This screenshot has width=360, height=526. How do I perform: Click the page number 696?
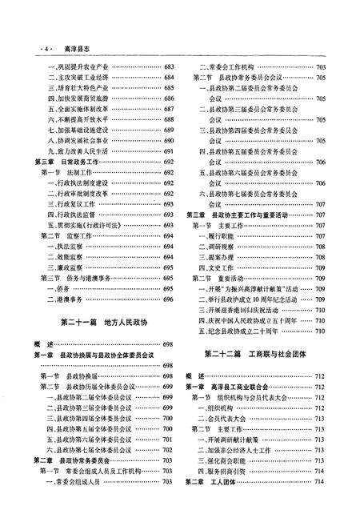click(169, 300)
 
